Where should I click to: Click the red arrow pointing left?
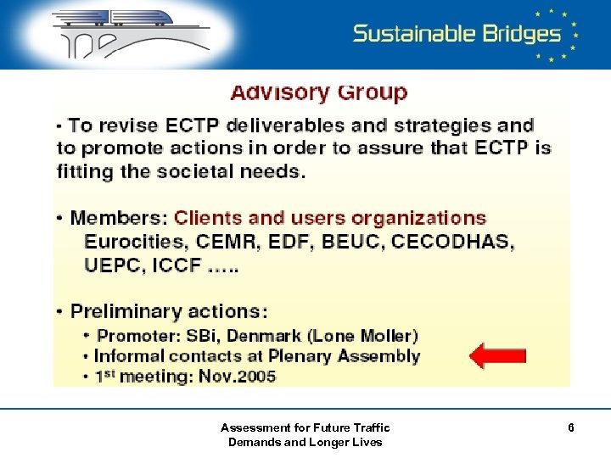[498, 355]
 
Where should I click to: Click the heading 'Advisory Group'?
[319, 92]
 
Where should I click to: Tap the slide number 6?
[571, 428]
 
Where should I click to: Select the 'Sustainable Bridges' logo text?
[457, 33]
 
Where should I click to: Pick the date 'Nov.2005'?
[238, 376]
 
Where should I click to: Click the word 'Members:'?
[120, 218]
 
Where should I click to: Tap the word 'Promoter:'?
[140, 336]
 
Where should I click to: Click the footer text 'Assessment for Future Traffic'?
[305, 427]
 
